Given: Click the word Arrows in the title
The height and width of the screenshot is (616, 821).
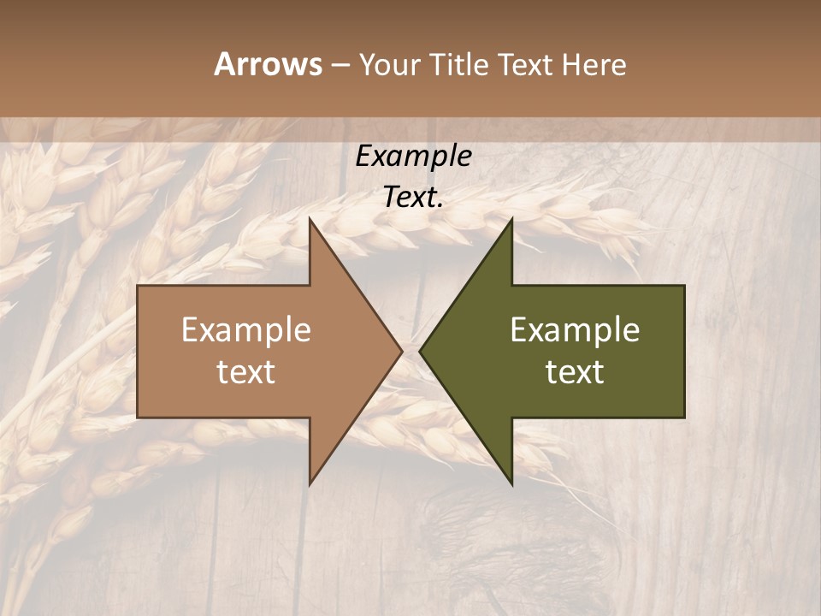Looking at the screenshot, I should click(268, 64).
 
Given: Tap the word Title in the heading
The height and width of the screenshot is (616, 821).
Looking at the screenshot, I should click(458, 64).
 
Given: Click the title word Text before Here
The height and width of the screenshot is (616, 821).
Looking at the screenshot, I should click(526, 64).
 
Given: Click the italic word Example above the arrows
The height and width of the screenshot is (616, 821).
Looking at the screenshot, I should click(414, 157).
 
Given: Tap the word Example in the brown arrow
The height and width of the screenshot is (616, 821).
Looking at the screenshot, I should click(246, 329).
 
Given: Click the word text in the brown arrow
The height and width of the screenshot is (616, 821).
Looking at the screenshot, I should click(246, 372).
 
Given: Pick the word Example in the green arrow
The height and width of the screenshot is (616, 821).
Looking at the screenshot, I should click(575, 329).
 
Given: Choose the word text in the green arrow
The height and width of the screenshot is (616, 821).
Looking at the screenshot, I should click(575, 372).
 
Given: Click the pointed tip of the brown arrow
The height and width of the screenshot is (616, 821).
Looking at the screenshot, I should click(402, 351).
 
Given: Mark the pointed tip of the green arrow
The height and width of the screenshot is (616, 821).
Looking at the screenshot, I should click(419, 351).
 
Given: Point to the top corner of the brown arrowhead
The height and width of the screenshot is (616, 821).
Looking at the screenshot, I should click(310, 219).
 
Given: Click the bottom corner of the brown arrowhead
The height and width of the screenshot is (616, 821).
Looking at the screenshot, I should click(310, 483).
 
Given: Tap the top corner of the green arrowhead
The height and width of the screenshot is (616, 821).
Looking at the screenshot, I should click(511, 219).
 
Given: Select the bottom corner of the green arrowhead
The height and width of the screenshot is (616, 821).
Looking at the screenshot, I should click(511, 483).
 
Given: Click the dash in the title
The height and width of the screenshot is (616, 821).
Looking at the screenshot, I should click(340, 65).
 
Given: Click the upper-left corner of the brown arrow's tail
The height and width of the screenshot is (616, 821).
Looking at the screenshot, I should click(138, 286).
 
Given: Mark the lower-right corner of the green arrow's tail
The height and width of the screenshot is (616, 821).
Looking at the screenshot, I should click(684, 418).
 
